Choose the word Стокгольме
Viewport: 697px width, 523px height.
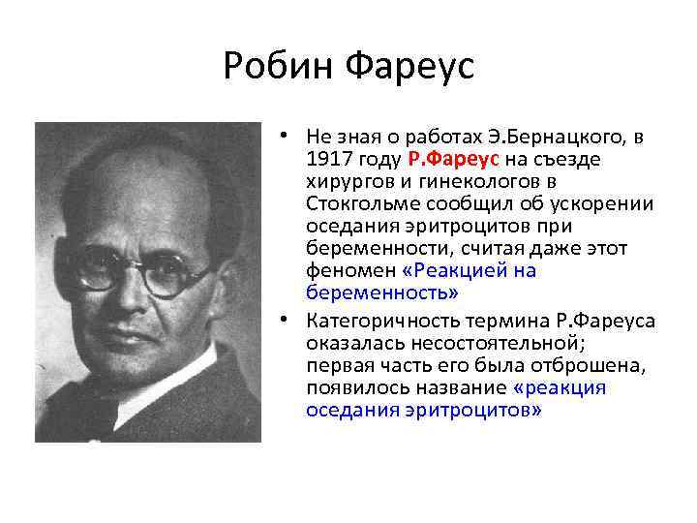pos(355,202)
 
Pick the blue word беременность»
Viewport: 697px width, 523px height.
pos(381,292)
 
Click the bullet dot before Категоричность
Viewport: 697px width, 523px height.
pos(290,321)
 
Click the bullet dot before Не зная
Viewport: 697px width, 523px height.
pos(290,136)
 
